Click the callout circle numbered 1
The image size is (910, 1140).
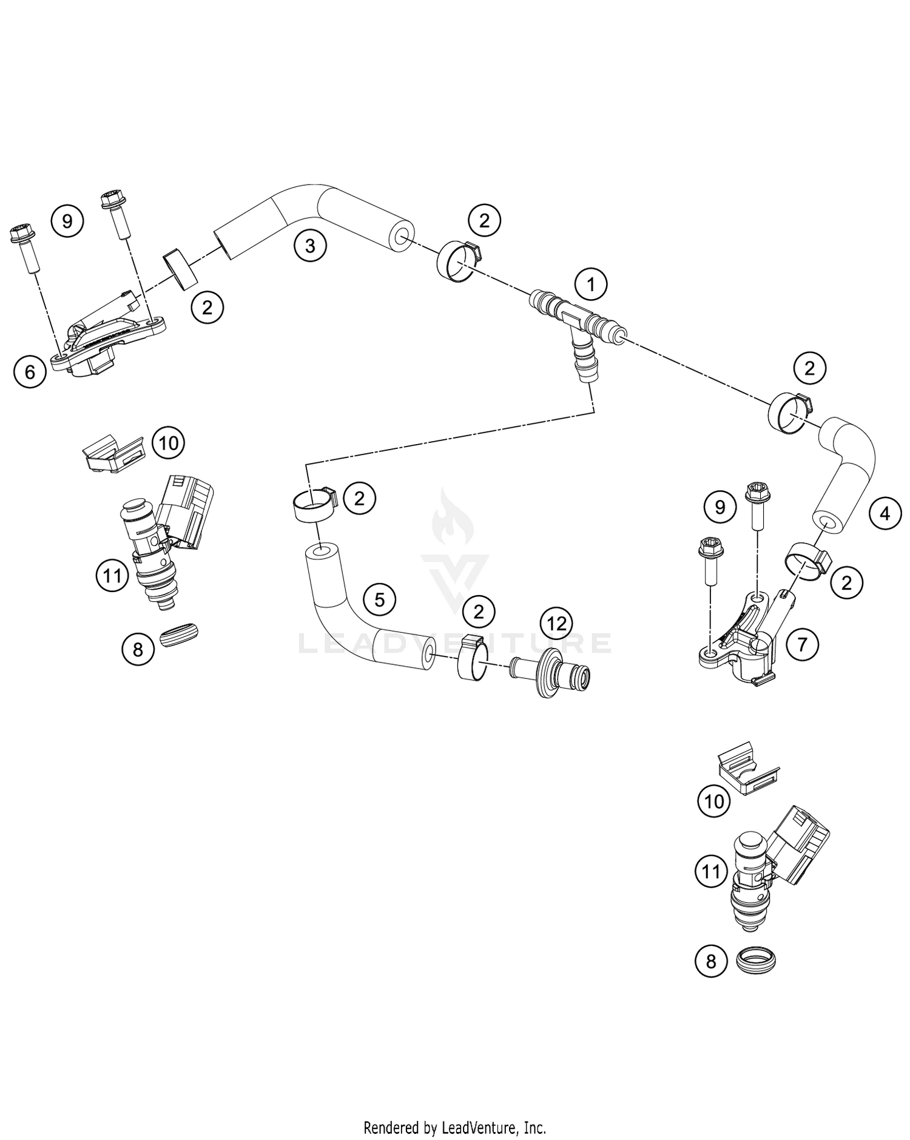pyautogui.click(x=591, y=283)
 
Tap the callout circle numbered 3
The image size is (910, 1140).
pyautogui.click(x=310, y=246)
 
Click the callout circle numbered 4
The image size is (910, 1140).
pyautogui.click(x=885, y=514)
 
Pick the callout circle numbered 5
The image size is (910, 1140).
pyautogui.click(x=379, y=600)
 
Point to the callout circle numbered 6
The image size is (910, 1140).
pyautogui.click(x=30, y=371)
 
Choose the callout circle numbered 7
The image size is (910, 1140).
pyautogui.click(x=802, y=644)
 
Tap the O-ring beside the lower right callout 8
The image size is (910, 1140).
pyautogui.click(x=755, y=960)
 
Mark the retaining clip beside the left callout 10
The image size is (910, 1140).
pyautogui.click(x=113, y=454)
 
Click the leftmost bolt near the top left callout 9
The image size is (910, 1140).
pyautogui.click(x=24, y=249)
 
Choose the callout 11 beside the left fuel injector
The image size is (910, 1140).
pyautogui.click(x=112, y=575)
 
